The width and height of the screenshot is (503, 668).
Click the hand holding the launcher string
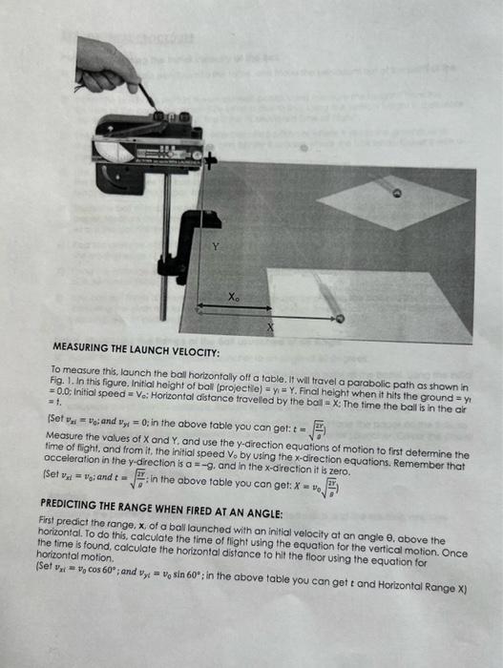point(104,67)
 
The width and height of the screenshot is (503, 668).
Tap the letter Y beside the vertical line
point(215,246)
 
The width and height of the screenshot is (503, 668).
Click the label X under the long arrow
point(270,326)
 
